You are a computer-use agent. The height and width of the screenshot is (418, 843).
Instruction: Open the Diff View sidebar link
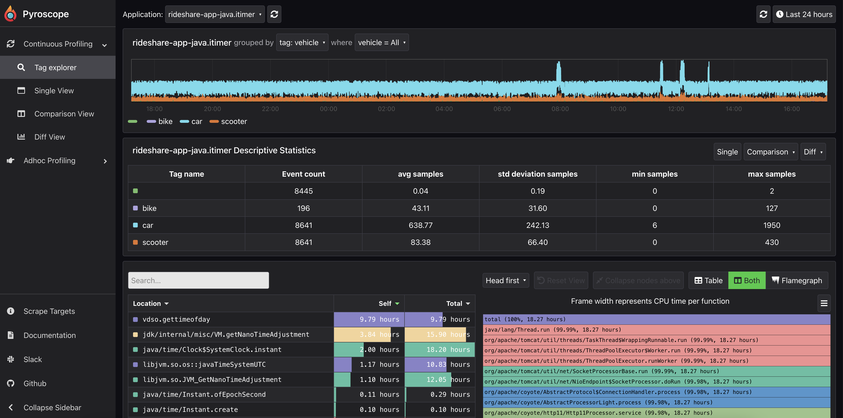point(50,137)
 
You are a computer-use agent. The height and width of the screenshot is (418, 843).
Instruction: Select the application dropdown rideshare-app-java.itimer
point(215,14)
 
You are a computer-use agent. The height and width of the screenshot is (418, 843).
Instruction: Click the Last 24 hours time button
point(804,14)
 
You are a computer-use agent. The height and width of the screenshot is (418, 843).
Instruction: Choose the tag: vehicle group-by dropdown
point(302,43)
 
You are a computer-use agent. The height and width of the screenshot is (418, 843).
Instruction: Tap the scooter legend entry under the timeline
point(234,122)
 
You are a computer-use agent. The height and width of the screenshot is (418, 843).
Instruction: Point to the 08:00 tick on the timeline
point(560,109)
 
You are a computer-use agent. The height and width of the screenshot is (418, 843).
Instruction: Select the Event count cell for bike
point(303,208)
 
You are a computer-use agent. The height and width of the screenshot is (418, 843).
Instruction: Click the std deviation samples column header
point(537,174)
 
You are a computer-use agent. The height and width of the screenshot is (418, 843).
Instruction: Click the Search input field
point(198,280)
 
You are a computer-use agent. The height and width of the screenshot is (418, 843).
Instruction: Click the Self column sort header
point(388,303)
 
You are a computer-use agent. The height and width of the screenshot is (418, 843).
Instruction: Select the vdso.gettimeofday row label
point(176,319)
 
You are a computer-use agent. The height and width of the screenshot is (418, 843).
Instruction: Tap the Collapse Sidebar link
point(52,408)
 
